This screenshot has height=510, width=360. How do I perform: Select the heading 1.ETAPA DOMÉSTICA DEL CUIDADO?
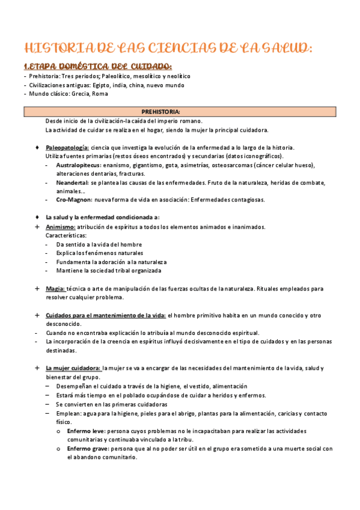(97, 66)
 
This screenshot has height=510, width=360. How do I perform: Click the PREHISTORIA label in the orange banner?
(160, 112)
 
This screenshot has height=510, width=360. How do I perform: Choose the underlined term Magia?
(55, 289)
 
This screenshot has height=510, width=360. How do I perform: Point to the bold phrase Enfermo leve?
(86, 431)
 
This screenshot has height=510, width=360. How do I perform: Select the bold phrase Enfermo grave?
(87, 449)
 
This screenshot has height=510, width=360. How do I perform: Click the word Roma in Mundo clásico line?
(100, 94)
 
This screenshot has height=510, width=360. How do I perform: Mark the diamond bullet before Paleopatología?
(37, 148)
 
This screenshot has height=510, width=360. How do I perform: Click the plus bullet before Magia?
(37, 289)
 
